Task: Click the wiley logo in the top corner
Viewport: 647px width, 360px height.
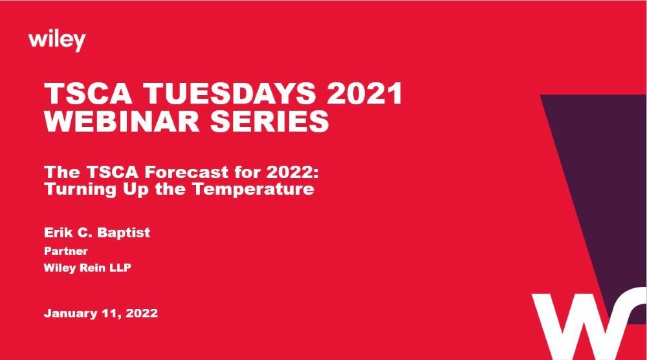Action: (57, 41)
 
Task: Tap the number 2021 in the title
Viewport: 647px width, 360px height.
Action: (365, 95)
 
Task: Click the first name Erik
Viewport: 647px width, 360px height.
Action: (56, 232)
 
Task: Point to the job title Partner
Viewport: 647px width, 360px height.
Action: (65, 251)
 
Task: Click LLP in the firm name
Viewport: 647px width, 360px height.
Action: (120, 267)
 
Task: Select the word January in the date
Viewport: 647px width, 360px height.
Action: (69, 313)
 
